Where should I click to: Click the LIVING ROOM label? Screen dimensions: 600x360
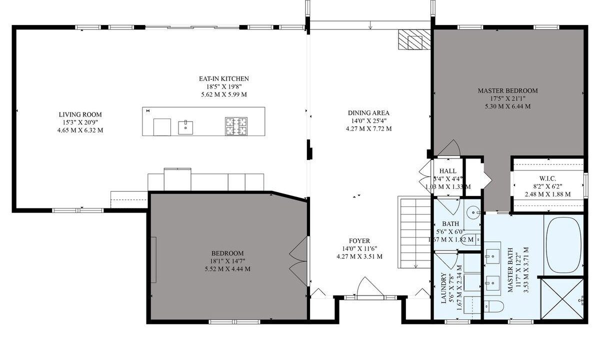[80, 114]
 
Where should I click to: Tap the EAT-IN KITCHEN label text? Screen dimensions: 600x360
[224, 79]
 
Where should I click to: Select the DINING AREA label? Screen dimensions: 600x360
[368, 113]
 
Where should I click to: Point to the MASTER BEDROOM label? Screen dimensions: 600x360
[508, 91]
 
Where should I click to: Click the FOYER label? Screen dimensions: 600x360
[359, 241]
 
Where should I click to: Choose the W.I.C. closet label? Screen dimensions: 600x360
[548, 178]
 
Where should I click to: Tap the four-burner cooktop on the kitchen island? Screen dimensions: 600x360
[236, 126]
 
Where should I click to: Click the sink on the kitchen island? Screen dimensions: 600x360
[185, 127]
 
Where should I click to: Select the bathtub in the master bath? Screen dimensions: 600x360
[563, 245]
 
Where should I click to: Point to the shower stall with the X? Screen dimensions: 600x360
[562, 298]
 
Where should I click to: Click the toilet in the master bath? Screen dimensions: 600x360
[494, 306]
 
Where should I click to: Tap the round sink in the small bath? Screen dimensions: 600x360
[473, 213]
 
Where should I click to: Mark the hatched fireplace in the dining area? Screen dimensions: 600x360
[414, 39]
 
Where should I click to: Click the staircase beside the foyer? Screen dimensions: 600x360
[414, 232]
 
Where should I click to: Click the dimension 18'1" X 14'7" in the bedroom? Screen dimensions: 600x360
[227, 261]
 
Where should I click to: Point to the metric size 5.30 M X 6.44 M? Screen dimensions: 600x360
[507, 106]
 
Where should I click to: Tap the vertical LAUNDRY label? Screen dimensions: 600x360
[444, 288]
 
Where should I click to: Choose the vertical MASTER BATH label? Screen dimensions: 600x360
[510, 269]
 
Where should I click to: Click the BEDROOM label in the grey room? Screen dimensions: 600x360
[227, 253]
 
